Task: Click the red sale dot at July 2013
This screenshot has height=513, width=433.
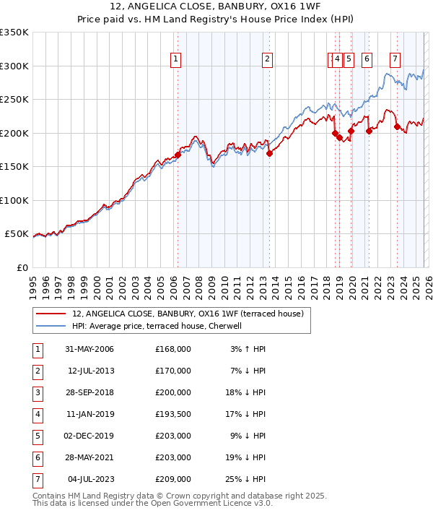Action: (x=269, y=153)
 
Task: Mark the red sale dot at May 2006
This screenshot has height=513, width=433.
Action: (x=178, y=155)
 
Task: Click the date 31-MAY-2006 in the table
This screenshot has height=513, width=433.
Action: (x=89, y=349)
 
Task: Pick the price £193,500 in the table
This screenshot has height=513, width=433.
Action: (x=172, y=415)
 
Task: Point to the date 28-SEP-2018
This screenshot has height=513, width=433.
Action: (x=89, y=393)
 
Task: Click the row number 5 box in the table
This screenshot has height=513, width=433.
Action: (x=38, y=436)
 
